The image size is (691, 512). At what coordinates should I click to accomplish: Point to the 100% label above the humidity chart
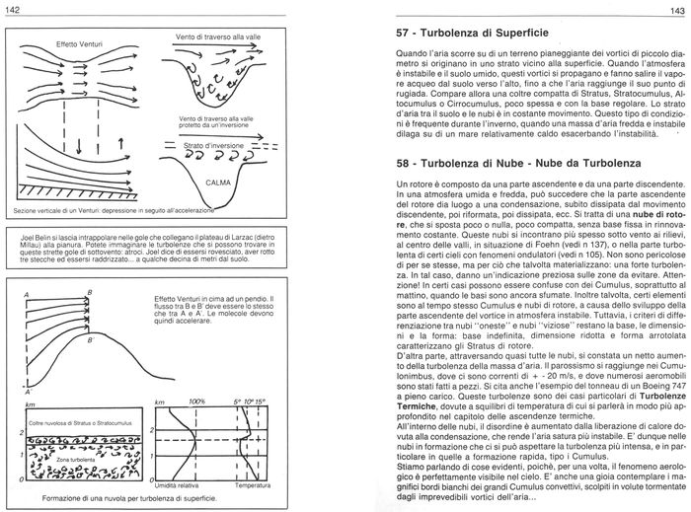click(x=195, y=374)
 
